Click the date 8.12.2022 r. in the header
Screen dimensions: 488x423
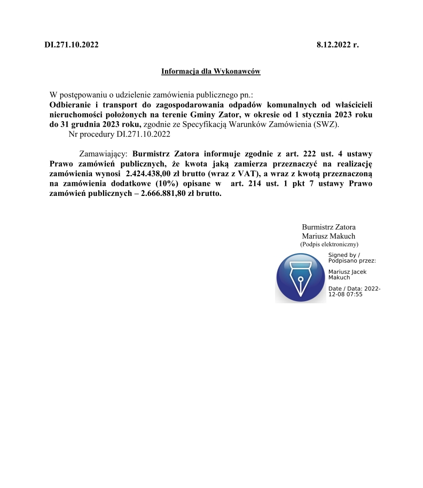tap(338, 44)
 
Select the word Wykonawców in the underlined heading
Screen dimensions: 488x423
tap(238, 71)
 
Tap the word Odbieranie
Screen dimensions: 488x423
tap(69, 105)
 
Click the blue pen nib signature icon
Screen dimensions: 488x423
tap(301, 278)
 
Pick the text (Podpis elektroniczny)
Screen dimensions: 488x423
tap(329, 244)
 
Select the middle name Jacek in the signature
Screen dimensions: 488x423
tap(358, 272)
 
